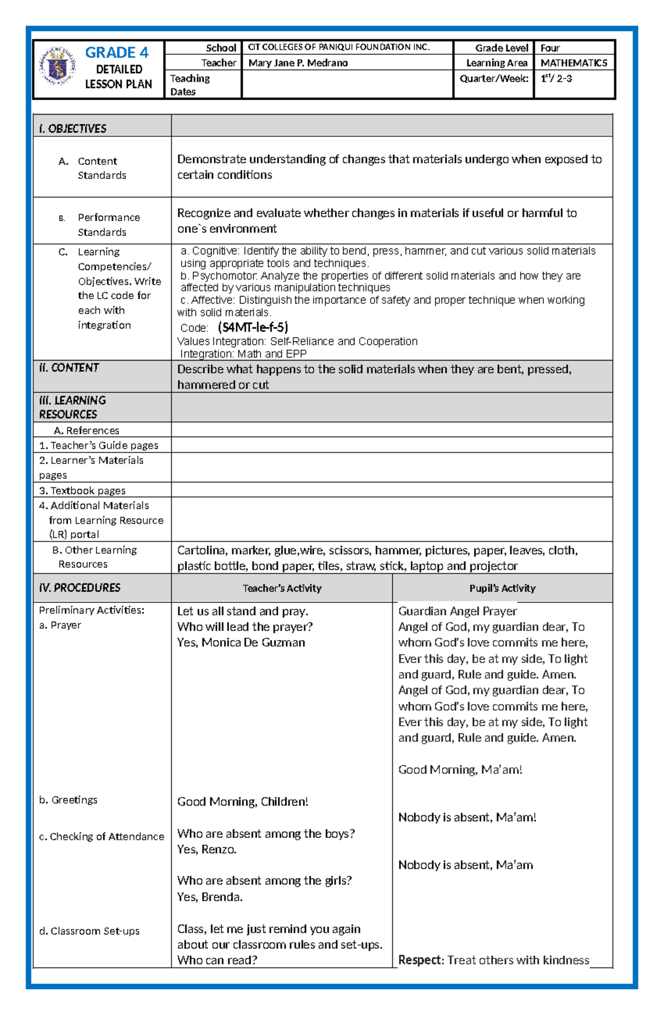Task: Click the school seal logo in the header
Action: click(x=58, y=66)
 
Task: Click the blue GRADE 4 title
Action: click(x=117, y=53)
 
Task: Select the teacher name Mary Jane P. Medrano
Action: click(x=298, y=63)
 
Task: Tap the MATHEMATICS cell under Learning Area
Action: click(x=574, y=63)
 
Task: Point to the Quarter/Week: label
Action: click(x=494, y=79)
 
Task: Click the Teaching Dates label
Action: click(x=190, y=85)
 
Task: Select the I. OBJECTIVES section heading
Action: click(x=72, y=129)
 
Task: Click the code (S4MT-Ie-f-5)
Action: click(x=253, y=327)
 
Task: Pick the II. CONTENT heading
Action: click(x=69, y=368)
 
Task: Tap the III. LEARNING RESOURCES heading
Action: click(x=72, y=407)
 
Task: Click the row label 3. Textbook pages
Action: click(x=82, y=491)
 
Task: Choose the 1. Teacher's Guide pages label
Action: click(x=98, y=445)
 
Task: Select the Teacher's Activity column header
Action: click(x=282, y=589)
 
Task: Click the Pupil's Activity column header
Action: click(x=502, y=589)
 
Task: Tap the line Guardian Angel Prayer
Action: click(x=457, y=611)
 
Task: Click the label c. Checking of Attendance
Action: click(x=101, y=836)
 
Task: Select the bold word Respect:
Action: click(x=421, y=960)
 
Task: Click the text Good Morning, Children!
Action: click(x=242, y=802)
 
